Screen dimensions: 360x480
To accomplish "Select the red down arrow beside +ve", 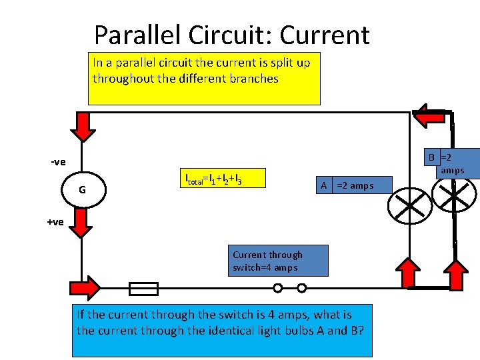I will (x=81, y=222).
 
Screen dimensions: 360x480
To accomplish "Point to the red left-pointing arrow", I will (x=429, y=115).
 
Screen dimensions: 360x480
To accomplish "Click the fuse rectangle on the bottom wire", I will (x=143, y=289).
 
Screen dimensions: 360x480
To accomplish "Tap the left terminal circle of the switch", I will (x=278, y=289).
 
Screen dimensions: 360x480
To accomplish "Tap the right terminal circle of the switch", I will (x=301, y=289).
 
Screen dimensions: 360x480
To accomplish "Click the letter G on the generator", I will (x=82, y=189).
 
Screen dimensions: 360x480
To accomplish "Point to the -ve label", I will (x=59, y=162).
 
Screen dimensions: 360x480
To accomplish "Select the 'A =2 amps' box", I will (x=353, y=185).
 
